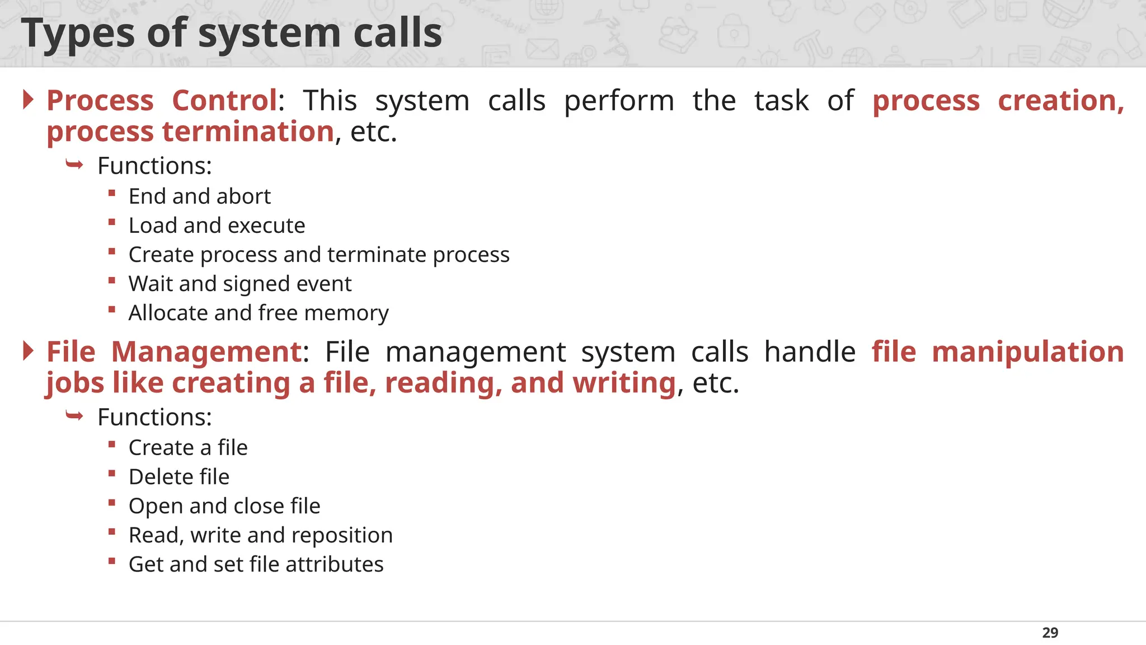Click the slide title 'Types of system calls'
(232, 33)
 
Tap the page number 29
(1050, 633)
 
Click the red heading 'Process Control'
(162, 101)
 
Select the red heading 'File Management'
(174, 352)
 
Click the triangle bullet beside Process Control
(29, 100)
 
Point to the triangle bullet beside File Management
(29, 351)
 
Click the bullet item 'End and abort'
(199, 197)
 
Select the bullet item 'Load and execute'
(217, 226)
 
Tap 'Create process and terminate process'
(319, 255)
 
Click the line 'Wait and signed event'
(240, 284)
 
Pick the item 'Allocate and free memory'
(259, 313)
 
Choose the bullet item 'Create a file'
(188, 448)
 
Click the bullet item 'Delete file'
(179, 477)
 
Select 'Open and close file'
(224, 506)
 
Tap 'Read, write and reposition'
(261, 535)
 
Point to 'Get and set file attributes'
(256, 564)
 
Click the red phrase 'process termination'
(190, 132)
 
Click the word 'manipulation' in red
(1027, 352)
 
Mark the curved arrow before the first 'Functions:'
(74, 165)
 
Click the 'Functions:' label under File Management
(154, 418)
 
